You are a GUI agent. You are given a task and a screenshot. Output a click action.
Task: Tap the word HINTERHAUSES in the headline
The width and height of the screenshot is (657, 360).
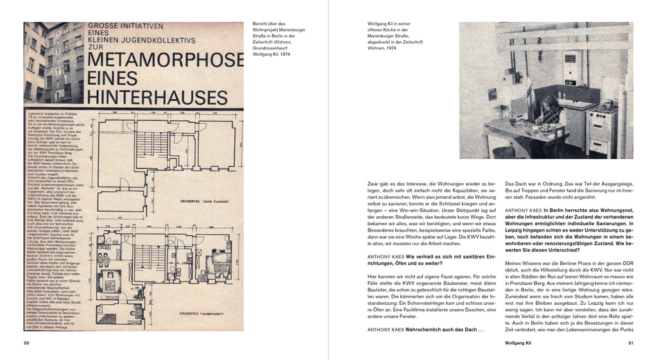tap(158, 97)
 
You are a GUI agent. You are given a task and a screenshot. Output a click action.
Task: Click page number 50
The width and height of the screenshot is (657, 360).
tap(26, 343)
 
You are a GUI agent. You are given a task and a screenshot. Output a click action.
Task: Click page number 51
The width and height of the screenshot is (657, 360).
tap(630, 343)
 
